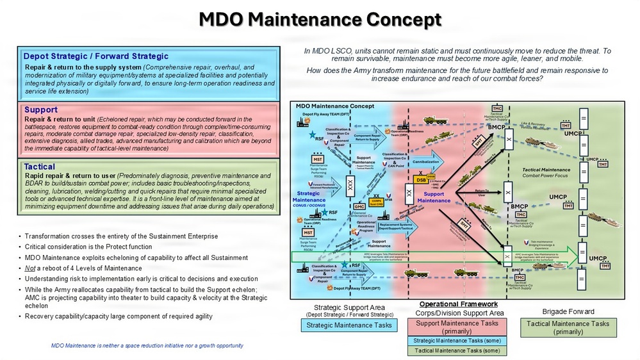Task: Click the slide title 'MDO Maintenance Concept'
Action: coord(320,20)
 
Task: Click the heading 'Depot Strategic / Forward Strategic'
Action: coord(95,56)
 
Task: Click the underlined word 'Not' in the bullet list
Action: coord(29,268)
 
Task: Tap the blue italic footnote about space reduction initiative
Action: coord(147,345)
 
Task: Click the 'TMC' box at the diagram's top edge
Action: coord(496,108)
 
